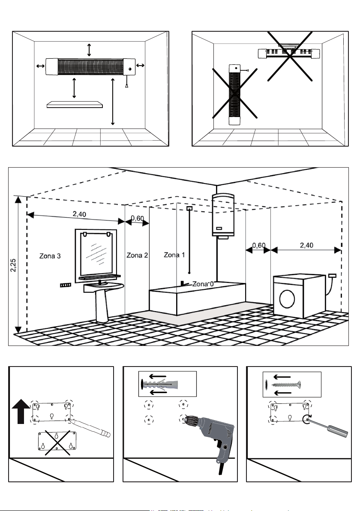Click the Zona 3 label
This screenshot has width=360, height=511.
tap(50, 256)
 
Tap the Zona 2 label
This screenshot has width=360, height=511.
tap(137, 255)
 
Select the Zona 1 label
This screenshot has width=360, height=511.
tap(174, 255)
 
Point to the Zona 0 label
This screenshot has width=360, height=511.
tap(203, 284)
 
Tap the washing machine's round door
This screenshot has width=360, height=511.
tap(287, 299)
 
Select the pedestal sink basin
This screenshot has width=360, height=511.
tap(104, 287)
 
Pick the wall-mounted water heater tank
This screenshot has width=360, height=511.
tap(223, 215)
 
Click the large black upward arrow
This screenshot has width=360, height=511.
tap(21, 412)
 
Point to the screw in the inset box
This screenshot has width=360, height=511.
tap(283, 385)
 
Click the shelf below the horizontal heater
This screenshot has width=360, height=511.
tap(75, 104)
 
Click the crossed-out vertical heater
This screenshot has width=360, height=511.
tap(234, 94)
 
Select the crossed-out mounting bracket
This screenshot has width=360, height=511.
tap(57, 442)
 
